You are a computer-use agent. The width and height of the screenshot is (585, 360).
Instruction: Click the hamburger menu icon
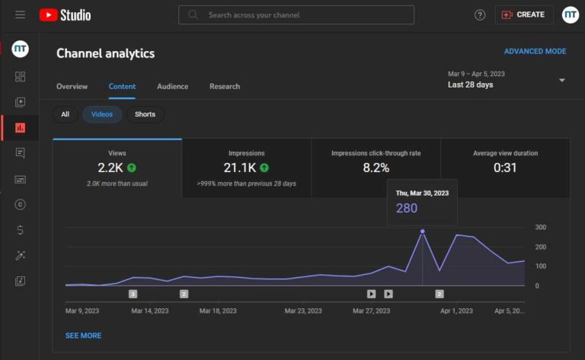(21, 14)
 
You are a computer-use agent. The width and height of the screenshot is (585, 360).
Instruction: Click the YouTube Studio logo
(65, 14)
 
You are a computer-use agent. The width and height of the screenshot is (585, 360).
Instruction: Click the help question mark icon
(480, 14)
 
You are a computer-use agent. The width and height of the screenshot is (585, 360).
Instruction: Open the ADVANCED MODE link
(535, 52)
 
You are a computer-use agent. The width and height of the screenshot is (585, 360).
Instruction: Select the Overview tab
(72, 86)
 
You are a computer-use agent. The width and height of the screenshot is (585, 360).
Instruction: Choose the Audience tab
(172, 86)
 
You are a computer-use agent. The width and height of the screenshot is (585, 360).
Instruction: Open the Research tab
(225, 86)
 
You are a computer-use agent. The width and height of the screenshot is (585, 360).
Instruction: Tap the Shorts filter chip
(145, 114)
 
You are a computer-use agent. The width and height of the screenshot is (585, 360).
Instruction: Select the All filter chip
(65, 114)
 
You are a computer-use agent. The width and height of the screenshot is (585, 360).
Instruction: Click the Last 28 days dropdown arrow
(562, 81)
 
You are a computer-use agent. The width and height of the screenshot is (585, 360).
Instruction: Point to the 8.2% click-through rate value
(376, 167)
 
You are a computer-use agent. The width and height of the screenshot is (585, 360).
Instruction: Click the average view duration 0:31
(505, 167)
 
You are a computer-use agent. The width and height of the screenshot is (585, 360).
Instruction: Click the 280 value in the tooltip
(407, 208)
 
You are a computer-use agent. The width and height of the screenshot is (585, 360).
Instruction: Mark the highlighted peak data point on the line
(423, 231)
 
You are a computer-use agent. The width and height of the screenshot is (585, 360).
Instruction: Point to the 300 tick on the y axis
(541, 228)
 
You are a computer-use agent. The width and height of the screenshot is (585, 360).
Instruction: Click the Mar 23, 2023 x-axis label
(304, 311)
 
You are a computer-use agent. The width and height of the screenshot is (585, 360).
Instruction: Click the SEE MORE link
(83, 336)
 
